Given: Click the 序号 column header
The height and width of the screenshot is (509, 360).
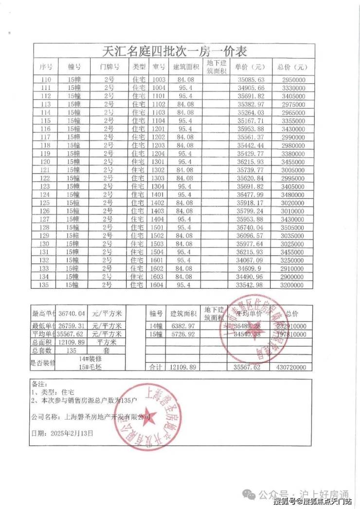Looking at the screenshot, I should click(47, 67).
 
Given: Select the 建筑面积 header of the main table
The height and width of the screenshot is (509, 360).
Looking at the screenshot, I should click(186, 67).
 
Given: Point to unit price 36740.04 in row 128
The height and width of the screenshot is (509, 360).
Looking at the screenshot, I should click(251, 228).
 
